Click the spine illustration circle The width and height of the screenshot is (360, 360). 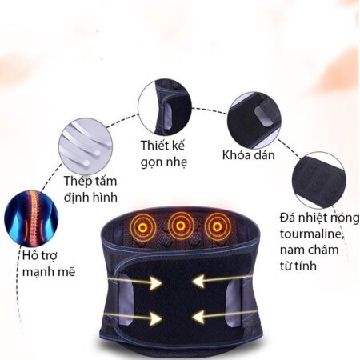(x=31, y=218)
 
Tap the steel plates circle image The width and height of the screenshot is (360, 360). (x=86, y=146)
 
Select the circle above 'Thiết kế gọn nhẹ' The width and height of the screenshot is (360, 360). (x=165, y=107)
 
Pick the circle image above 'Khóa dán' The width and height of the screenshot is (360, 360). (x=254, y=120)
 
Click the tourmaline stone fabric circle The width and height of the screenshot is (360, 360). (x=319, y=180)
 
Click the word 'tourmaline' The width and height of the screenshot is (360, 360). (x=311, y=234)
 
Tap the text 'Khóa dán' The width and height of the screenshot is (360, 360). (x=249, y=155)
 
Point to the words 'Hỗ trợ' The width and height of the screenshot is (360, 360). (x=40, y=255)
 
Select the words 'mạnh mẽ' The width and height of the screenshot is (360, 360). (x=49, y=272)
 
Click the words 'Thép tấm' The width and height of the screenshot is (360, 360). (x=90, y=181)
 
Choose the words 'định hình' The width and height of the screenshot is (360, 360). (x=90, y=198)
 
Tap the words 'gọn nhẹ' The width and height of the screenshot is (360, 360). (x=164, y=162)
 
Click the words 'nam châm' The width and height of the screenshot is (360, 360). (x=310, y=250)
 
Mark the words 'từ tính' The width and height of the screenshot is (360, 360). (x=298, y=266)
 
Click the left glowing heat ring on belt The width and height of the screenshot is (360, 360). (x=143, y=227)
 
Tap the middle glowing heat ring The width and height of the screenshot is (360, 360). (x=181, y=226)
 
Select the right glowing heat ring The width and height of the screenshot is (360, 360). (x=218, y=226)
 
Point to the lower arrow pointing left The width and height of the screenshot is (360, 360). (x=223, y=317)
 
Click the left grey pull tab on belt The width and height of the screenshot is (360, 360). (x=126, y=299)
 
